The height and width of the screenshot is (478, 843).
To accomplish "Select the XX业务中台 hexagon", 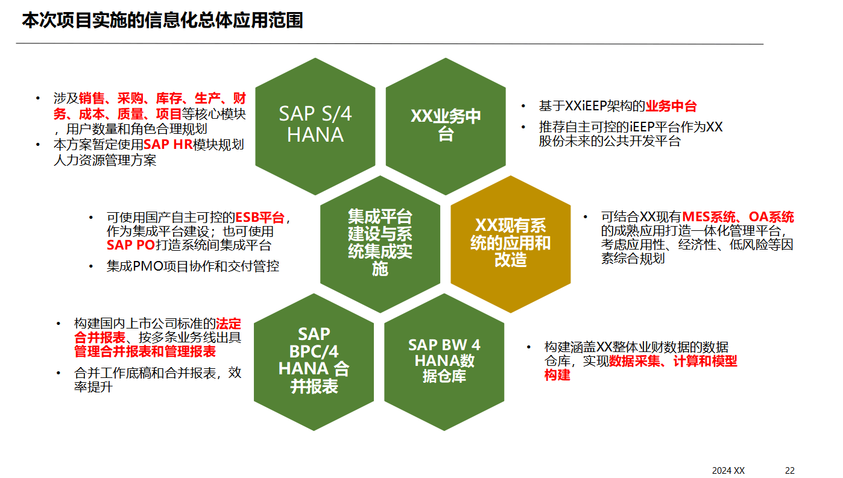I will point(446,125).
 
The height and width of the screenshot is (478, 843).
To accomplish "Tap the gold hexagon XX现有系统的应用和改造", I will point(510,243).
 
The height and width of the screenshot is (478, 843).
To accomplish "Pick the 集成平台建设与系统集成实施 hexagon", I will point(380,242).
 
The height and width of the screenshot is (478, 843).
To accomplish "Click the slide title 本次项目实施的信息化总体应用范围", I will point(162,20).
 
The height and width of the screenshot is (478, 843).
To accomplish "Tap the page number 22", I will point(789,471).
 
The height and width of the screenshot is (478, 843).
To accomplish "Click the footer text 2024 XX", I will point(728,471).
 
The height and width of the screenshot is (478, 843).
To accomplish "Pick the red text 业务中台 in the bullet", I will point(671,107).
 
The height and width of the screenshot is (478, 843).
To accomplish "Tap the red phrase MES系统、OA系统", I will point(738,218).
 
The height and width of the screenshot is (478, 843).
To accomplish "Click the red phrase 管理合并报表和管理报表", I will point(145,351).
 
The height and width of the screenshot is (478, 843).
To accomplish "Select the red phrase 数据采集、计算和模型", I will point(673,361).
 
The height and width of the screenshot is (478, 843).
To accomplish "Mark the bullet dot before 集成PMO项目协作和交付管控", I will point(92,266).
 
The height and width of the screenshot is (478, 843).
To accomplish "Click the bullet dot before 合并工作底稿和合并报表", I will point(59,373).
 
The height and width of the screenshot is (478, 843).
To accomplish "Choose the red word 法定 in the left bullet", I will point(229,323).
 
